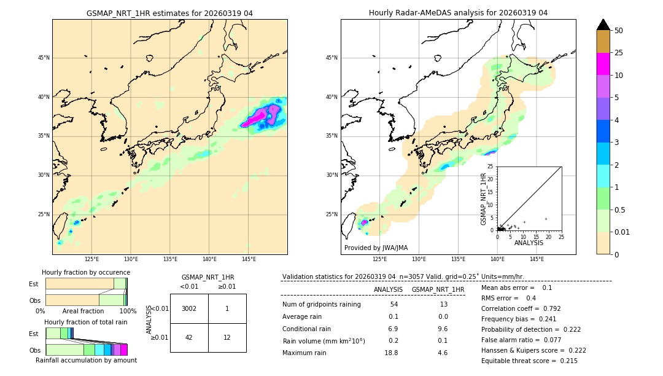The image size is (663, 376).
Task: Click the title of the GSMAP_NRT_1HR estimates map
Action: [x=169, y=13]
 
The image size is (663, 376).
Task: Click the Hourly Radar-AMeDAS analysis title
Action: [x=458, y=13]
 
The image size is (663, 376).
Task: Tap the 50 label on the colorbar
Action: [x=619, y=31]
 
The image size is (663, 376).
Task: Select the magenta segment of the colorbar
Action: [x=603, y=64]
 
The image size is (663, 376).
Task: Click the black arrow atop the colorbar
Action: [x=603, y=25]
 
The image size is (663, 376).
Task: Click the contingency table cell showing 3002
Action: [x=189, y=308]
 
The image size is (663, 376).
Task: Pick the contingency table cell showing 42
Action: [x=189, y=338]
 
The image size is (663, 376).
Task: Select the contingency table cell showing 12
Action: [x=227, y=338]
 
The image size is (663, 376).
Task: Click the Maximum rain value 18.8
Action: [x=391, y=353]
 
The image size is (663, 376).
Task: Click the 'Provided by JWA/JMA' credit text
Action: [x=376, y=248]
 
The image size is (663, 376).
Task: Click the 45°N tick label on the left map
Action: [x=44, y=58]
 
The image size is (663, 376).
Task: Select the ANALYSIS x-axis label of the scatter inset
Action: [x=529, y=243]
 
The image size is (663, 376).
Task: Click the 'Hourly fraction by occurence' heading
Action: [x=86, y=272]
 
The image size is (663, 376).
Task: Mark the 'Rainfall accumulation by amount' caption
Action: [x=86, y=360]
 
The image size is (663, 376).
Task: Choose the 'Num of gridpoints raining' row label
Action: [x=321, y=305]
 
